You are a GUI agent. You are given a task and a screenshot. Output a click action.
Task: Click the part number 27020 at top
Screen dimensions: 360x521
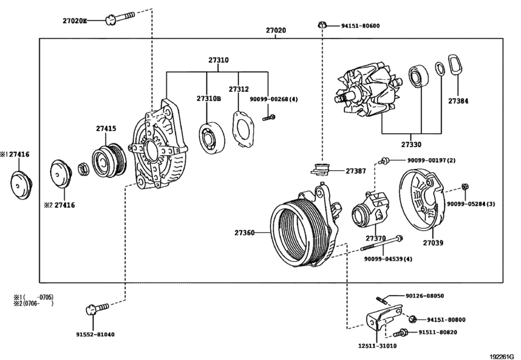coord(276,30)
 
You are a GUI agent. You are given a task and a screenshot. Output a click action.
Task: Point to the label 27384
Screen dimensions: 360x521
coord(459,101)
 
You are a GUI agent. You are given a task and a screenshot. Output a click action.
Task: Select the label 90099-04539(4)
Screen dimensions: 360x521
coord(387,258)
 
